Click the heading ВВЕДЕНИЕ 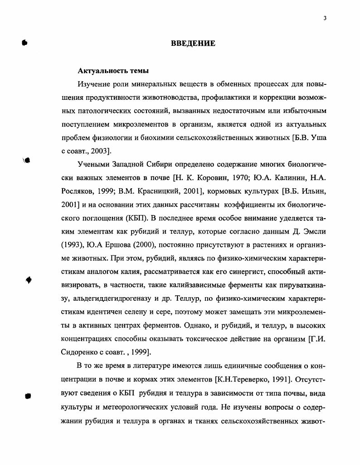click(x=193, y=44)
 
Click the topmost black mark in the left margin click(x=24, y=43)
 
